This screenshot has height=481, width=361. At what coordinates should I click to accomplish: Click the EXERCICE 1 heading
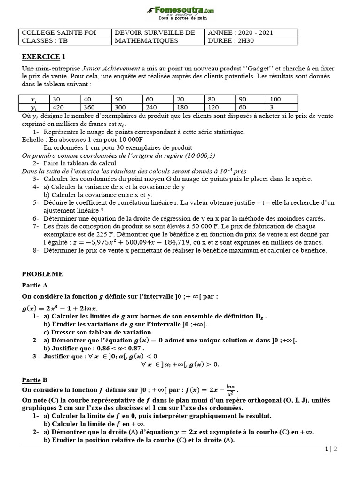[x=43, y=57]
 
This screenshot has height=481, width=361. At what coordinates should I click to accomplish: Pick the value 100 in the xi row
[x=275, y=99]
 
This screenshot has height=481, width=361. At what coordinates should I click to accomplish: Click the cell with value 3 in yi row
[x=272, y=107]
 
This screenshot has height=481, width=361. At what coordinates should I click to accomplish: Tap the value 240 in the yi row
[x=150, y=107]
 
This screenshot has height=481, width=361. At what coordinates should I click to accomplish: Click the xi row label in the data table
[x=34, y=99]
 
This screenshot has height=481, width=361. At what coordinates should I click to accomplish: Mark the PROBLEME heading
[x=42, y=274]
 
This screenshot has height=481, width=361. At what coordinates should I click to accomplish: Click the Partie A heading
[x=35, y=285]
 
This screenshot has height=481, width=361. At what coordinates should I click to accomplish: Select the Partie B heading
[x=35, y=380]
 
